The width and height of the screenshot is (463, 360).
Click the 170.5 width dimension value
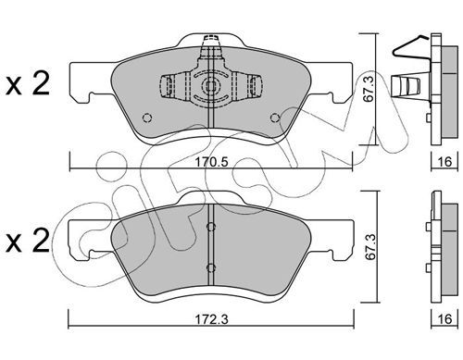(x=212, y=162)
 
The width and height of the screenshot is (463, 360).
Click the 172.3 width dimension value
(x=212, y=319)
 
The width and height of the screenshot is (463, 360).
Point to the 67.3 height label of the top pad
(x=369, y=90)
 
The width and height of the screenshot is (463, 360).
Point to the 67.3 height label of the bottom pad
(x=370, y=247)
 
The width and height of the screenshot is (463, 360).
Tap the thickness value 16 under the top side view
(x=444, y=161)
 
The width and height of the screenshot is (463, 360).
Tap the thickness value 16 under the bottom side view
(x=444, y=318)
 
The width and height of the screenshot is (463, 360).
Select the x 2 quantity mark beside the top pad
(x=28, y=83)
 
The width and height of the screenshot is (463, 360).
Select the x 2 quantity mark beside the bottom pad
(x=28, y=241)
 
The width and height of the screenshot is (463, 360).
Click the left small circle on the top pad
(x=147, y=118)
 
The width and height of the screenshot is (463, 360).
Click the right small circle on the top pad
(x=275, y=118)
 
